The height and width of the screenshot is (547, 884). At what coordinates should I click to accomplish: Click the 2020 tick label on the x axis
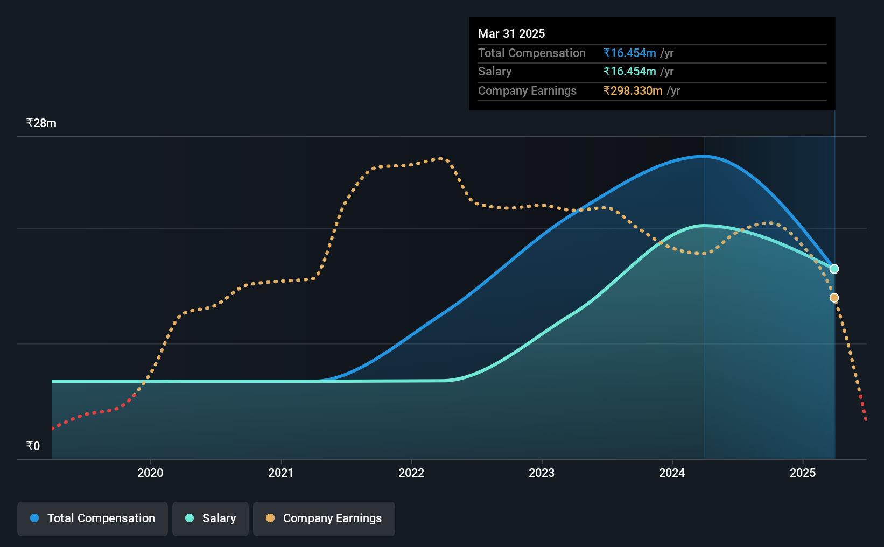coord(150,473)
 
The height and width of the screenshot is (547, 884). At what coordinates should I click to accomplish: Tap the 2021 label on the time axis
coord(280,473)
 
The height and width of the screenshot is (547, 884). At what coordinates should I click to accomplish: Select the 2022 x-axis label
coord(411,473)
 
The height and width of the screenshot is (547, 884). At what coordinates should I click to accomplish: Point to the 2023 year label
coord(542,473)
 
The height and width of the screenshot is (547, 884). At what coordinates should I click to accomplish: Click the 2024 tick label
coord(672,473)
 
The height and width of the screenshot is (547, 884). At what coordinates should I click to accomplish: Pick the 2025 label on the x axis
coord(803,473)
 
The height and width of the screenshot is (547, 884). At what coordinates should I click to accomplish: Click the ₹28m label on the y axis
coord(41,123)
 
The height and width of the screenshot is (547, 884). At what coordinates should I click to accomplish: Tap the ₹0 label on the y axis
coord(33,446)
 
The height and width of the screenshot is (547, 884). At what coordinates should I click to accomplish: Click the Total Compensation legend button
coord(93,518)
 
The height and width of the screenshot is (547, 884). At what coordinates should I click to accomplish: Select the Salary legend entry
coord(211,518)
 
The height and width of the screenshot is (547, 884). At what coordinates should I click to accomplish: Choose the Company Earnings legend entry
coord(324,518)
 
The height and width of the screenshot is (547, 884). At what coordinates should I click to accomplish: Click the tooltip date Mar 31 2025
coord(511,33)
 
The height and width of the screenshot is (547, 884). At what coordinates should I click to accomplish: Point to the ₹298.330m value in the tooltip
coord(633,91)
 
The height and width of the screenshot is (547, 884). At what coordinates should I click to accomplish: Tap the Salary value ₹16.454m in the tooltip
coord(629,72)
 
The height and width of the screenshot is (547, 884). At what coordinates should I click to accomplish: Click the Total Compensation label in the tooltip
coord(531,53)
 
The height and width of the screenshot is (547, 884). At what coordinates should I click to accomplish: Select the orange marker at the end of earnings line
coord(834,298)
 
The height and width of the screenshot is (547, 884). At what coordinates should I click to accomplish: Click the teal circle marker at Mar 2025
coord(834,269)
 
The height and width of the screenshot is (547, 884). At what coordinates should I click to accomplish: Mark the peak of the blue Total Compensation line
coord(704,156)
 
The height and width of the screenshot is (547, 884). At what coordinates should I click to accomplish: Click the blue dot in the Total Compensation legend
coord(34,518)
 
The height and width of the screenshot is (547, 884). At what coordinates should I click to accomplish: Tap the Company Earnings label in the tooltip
coord(527,91)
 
